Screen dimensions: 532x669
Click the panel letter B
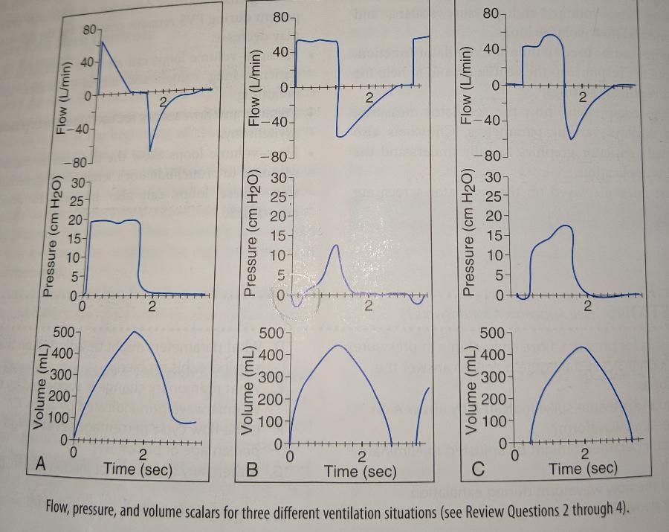click(252, 469)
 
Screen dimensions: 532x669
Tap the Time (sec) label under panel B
click(361, 471)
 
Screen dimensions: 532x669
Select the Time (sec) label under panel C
click(584, 468)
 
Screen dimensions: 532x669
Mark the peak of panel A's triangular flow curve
click(102, 40)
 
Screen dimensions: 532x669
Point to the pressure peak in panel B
click(337, 245)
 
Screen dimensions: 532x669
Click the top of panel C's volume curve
click(583, 347)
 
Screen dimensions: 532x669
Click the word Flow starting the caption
click(59, 509)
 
